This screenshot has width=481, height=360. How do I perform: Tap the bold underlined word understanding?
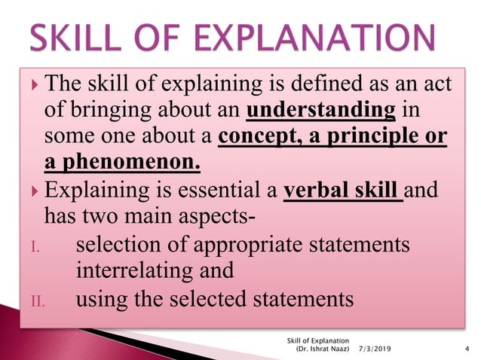pos(321,112)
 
